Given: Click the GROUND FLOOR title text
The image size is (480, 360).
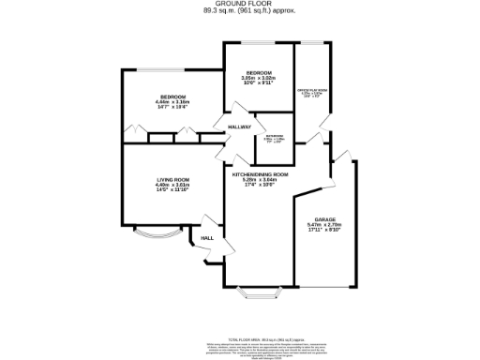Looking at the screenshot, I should coord(239,4).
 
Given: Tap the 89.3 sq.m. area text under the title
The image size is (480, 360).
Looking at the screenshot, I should coord(239,11).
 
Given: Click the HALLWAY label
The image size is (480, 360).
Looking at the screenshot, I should coord(239,127).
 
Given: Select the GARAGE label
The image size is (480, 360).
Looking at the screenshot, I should coord(320,219).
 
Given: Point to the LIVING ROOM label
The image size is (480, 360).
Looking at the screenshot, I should coord(172,179).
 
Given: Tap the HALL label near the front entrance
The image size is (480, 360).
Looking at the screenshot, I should coord(207,238).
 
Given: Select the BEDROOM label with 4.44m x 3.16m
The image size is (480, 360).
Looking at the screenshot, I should coord(172,97).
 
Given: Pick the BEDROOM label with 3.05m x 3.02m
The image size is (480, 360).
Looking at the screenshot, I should coord(259,73).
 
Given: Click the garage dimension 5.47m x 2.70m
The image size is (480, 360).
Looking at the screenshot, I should coord(320,225).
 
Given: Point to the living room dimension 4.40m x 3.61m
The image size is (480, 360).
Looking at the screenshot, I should coord(172,185).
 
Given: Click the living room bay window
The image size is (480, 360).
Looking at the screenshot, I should coord(151,232).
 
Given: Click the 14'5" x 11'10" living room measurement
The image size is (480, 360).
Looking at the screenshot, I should coord(172,190).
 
